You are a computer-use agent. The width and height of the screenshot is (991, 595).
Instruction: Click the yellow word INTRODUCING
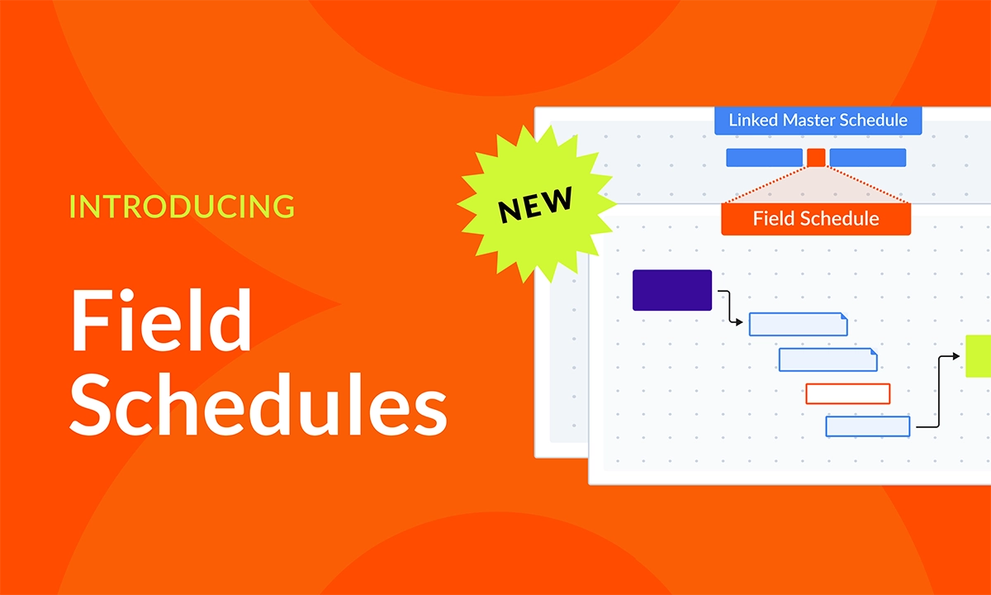point(182,206)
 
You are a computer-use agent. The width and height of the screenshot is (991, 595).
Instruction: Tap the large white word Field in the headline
point(161,321)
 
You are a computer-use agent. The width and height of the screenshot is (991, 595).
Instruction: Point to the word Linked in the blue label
point(753,120)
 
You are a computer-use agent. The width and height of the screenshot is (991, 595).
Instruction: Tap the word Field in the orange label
point(773,219)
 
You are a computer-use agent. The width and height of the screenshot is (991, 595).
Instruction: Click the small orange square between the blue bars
point(816,157)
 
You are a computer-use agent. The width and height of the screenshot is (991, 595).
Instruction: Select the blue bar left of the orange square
point(764,157)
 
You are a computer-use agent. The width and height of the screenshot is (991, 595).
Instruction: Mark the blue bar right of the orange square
point(867,157)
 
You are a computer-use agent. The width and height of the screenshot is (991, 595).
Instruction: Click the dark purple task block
point(672,290)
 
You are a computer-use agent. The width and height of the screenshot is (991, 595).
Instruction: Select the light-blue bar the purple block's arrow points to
point(798,324)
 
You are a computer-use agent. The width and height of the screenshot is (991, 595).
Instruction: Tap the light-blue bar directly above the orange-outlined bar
point(827,359)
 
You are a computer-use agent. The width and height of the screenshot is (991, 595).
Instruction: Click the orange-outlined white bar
point(848,393)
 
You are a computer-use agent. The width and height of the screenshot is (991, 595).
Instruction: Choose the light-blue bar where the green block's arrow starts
point(868,426)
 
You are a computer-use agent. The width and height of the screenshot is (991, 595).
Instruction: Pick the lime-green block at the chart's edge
point(979,356)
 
